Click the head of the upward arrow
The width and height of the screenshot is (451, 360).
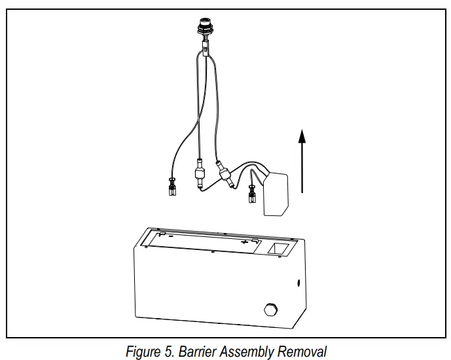point(301,135)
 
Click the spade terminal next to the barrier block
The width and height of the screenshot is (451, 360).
point(251,195)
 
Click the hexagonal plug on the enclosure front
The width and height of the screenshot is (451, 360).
point(270,309)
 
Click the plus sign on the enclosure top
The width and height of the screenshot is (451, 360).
point(245,242)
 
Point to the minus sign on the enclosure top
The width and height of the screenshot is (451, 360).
point(170,236)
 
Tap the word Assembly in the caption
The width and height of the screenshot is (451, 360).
point(249,351)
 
